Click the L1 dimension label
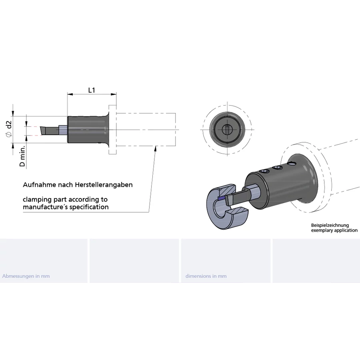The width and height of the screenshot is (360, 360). pyautogui.click(x=92, y=90)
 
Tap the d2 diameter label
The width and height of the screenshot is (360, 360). pyautogui.click(x=9, y=125)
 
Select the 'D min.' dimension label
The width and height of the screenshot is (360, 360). pyautogui.click(x=22, y=156)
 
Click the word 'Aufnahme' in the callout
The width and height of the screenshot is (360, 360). pyautogui.click(x=39, y=184)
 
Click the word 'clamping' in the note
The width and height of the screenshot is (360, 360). pyautogui.click(x=38, y=200)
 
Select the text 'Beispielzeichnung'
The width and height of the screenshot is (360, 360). pyautogui.click(x=330, y=225)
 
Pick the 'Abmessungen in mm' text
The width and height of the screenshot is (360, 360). pyautogui.click(x=26, y=276)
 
